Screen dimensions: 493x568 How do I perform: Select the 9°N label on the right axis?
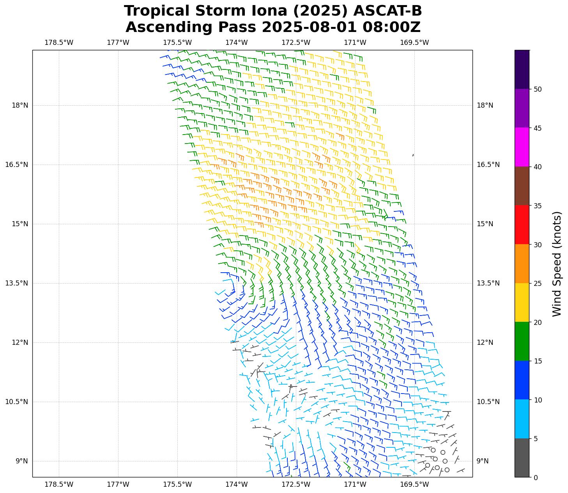[x=482, y=461]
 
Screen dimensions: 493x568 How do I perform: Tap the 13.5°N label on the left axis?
[x=16, y=283]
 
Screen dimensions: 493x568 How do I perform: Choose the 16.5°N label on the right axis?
[x=488, y=165]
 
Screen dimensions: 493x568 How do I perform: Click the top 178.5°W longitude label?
[x=59, y=43]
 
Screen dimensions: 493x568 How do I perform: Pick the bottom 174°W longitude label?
[x=237, y=484]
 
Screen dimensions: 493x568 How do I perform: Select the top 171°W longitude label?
[x=355, y=43]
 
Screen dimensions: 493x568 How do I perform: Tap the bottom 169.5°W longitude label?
[x=414, y=484]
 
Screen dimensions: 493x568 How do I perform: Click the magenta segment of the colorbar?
[x=522, y=147]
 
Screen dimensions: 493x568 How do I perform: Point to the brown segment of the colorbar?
[x=522, y=186]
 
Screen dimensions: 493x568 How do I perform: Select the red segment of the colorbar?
[x=522, y=225]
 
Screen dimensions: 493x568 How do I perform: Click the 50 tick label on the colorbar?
[x=538, y=89]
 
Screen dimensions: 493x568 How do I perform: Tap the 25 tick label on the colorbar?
[x=538, y=284]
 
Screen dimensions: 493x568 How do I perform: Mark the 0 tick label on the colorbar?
[x=536, y=477]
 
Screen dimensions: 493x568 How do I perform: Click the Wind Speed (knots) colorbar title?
[x=557, y=264]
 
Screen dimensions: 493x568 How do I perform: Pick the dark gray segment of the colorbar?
[x=522, y=458]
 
